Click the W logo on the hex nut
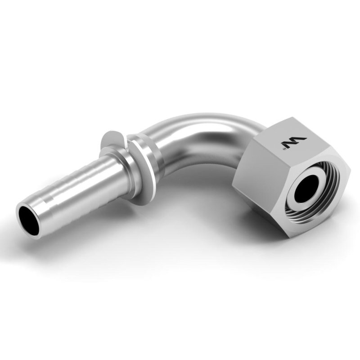(293, 143)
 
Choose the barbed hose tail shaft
(67, 189)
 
